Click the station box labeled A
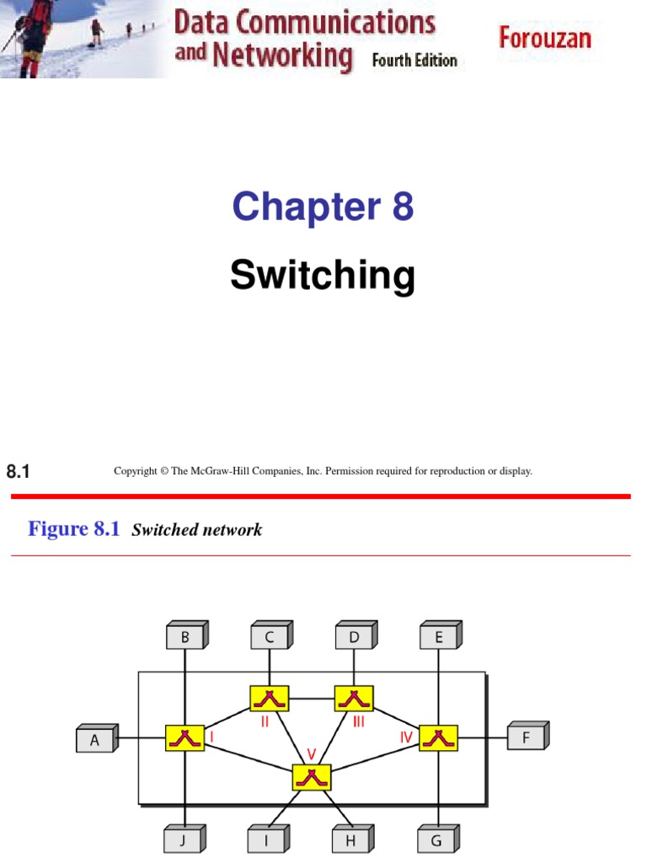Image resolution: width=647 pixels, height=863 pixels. tap(95, 740)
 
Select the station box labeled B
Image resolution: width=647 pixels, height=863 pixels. tap(185, 637)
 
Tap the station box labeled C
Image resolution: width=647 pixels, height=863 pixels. tap(270, 637)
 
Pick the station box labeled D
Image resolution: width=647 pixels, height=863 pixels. tap(354, 637)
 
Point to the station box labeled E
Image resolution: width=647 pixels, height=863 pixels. tap(439, 637)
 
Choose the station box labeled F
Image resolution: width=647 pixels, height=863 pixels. tap(526, 737)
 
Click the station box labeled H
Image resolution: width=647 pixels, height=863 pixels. tap(350, 839)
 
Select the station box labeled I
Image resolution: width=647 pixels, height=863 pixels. tap(266, 839)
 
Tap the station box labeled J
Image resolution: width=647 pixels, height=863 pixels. tap(182, 839)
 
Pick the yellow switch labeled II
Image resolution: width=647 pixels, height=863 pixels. tap(270, 698)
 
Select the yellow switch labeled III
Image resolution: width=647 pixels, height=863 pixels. tap(354, 698)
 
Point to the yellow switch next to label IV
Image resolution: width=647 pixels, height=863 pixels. tap(438, 737)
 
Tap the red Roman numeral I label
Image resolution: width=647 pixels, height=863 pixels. tap(211, 735)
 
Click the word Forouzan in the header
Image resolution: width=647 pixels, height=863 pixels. tap(545, 38)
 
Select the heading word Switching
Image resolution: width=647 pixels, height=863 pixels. tap(323, 276)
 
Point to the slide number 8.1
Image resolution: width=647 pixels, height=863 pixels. tap(18, 472)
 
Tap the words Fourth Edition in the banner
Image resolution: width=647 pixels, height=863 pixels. tap(414, 61)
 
